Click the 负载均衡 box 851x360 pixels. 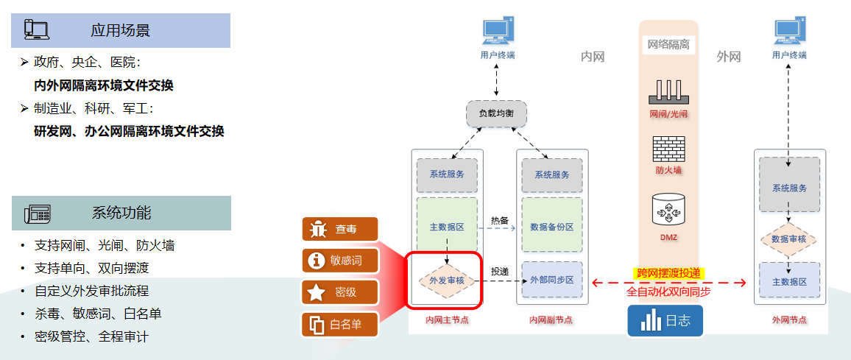tap(497, 113)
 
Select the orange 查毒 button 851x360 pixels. tap(339, 229)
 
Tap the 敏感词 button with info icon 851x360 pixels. tap(339, 261)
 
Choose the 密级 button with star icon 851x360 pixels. tap(339, 292)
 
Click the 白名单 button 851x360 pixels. tap(339, 324)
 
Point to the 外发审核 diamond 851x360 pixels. tap(447, 280)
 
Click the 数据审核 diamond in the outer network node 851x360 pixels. tap(789, 239)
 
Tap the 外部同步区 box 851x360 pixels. tap(551, 280)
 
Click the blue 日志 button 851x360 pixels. tap(665, 322)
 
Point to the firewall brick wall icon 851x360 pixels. tap(668, 149)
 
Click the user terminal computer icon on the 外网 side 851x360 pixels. tap(789, 32)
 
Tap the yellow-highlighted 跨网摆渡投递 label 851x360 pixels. tap(668, 273)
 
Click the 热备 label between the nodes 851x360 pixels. tap(500, 220)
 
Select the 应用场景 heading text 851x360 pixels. tap(121, 30)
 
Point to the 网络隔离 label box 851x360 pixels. tap(668, 45)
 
